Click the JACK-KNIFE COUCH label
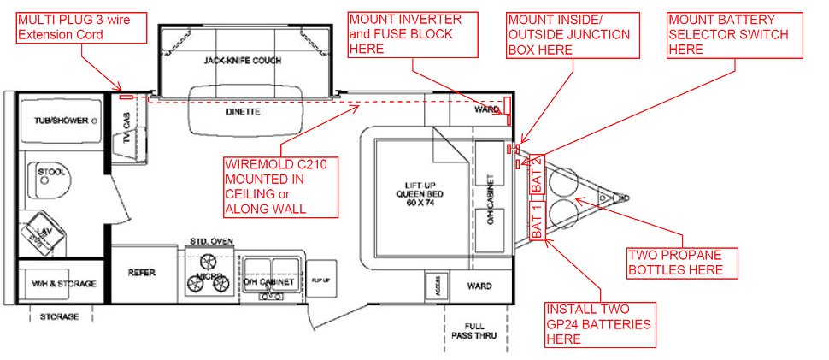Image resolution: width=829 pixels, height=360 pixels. pos(242,62)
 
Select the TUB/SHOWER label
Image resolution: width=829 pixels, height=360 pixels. pos(55,121)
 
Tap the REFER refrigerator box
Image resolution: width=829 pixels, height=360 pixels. pos(142,274)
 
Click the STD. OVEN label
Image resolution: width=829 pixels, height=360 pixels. pos(205,242)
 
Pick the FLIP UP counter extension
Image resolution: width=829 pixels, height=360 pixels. pos(320,280)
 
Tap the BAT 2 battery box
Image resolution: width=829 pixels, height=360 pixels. pos(538,175)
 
